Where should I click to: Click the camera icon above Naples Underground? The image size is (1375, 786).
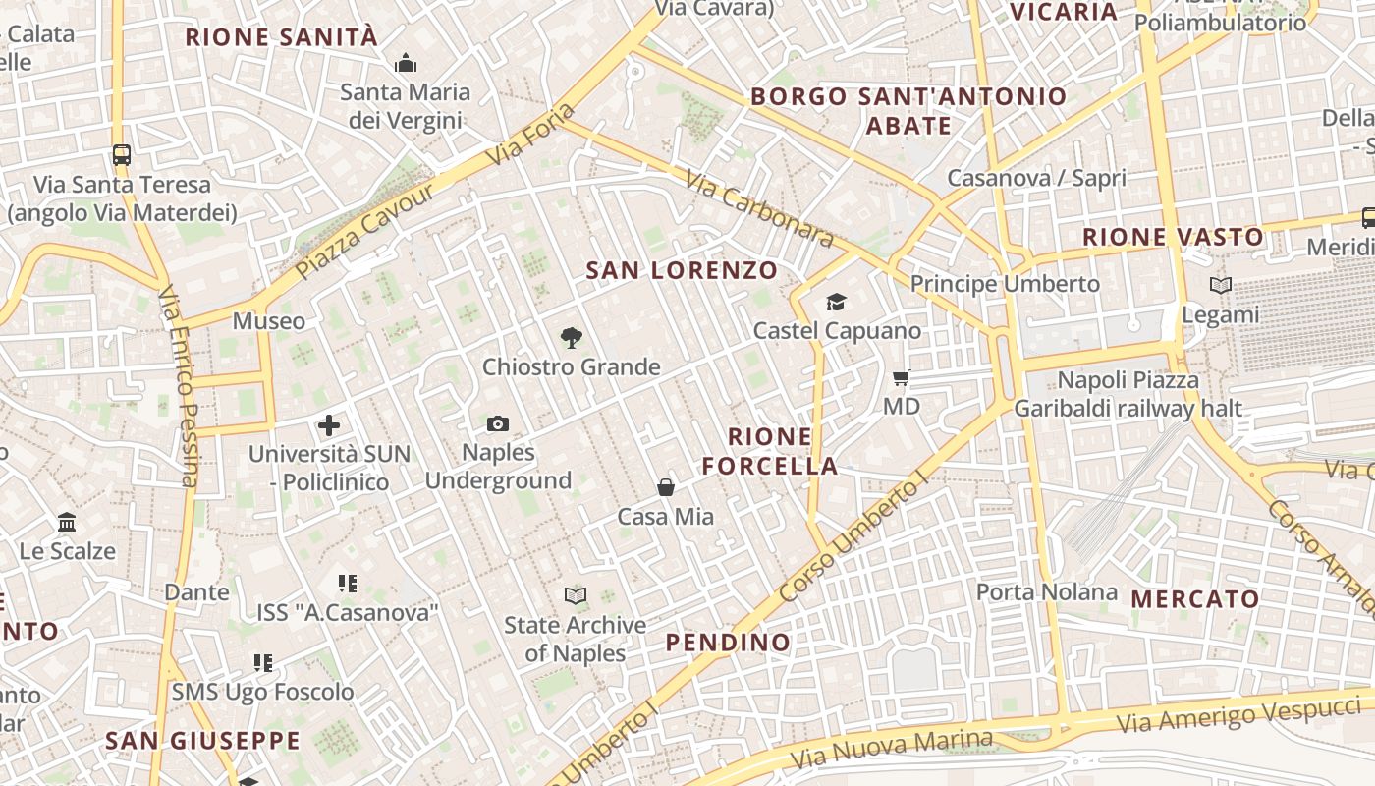pos(498,424)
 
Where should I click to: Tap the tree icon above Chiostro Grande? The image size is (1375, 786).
pos(571,338)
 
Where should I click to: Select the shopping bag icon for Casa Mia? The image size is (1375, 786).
pos(666,487)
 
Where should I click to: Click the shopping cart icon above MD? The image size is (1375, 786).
pos(902,377)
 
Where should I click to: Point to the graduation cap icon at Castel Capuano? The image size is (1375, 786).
pos(836,302)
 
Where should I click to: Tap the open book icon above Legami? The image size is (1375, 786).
pos(1221,286)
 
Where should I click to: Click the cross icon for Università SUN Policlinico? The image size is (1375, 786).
pos(329,425)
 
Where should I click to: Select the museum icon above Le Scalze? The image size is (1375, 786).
pos(67,522)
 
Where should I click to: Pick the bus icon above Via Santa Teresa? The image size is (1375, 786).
pos(122,155)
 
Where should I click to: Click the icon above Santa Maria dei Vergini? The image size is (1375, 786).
pos(406,64)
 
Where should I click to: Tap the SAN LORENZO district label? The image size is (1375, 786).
pos(682,270)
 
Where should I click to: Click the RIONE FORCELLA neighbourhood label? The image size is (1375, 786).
pos(771,451)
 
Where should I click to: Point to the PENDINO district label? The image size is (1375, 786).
pos(728,643)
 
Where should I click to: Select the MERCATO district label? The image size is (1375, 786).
pos(1194,598)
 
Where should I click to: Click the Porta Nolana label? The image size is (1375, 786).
pos(1047,591)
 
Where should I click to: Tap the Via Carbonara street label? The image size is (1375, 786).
pos(759,210)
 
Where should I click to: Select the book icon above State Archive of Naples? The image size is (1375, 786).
pos(576,595)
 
